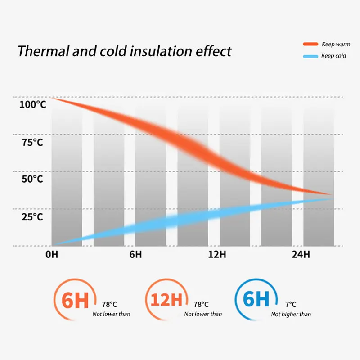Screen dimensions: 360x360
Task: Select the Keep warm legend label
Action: pos(336,44)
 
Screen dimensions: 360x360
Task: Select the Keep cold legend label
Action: pos(334,56)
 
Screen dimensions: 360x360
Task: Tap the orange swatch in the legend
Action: pos(310,44)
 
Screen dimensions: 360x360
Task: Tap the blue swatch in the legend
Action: pos(310,56)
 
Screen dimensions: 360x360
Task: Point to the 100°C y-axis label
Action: pos(32,105)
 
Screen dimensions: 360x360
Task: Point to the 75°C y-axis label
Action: pos(32,143)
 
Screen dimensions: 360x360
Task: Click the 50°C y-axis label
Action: pos(32,180)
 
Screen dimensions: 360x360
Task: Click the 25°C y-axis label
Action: pos(32,217)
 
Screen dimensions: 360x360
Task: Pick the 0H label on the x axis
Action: pos(52,255)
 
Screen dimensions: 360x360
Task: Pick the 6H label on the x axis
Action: pos(135,255)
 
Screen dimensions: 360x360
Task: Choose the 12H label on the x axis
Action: pos(217,255)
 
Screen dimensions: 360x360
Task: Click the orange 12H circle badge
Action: pos(166,300)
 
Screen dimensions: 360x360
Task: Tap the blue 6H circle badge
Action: pos(255,300)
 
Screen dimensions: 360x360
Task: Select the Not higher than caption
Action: pos(291,314)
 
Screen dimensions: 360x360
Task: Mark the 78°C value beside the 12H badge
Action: pos(201,305)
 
